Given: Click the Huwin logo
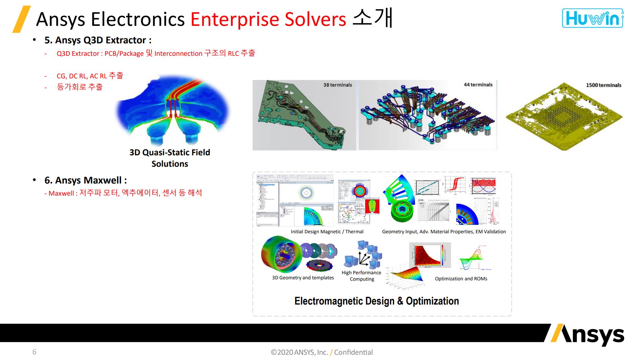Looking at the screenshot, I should (x=593, y=18).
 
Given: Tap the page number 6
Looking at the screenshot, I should (x=34, y=352).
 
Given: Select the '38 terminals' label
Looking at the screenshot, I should (x=337, y=85).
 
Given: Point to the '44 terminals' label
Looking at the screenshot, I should (x=478, y=85).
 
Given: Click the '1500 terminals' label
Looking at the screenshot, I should (x=603, y=85).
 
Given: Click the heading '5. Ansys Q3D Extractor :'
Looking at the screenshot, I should (x=98, y=40).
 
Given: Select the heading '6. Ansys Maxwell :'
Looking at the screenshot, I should (x=85, y=181).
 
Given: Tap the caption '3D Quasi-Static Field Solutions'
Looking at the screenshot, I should (x=169, y=158).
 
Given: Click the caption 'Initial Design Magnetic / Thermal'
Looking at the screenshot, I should (x=327, y=232).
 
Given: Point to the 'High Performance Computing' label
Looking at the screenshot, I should (x=362, y=276).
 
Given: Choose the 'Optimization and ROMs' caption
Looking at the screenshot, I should (x=461, y=279).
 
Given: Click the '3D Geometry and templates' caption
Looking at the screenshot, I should (x=303, y=278).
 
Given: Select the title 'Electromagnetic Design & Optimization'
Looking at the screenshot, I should (x=376, y=301).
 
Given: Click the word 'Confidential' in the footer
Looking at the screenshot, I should (x=353, y=352).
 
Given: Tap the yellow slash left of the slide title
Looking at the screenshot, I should (x=21, y=19).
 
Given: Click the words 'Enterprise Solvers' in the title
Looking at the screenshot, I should (x=268, y=19).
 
